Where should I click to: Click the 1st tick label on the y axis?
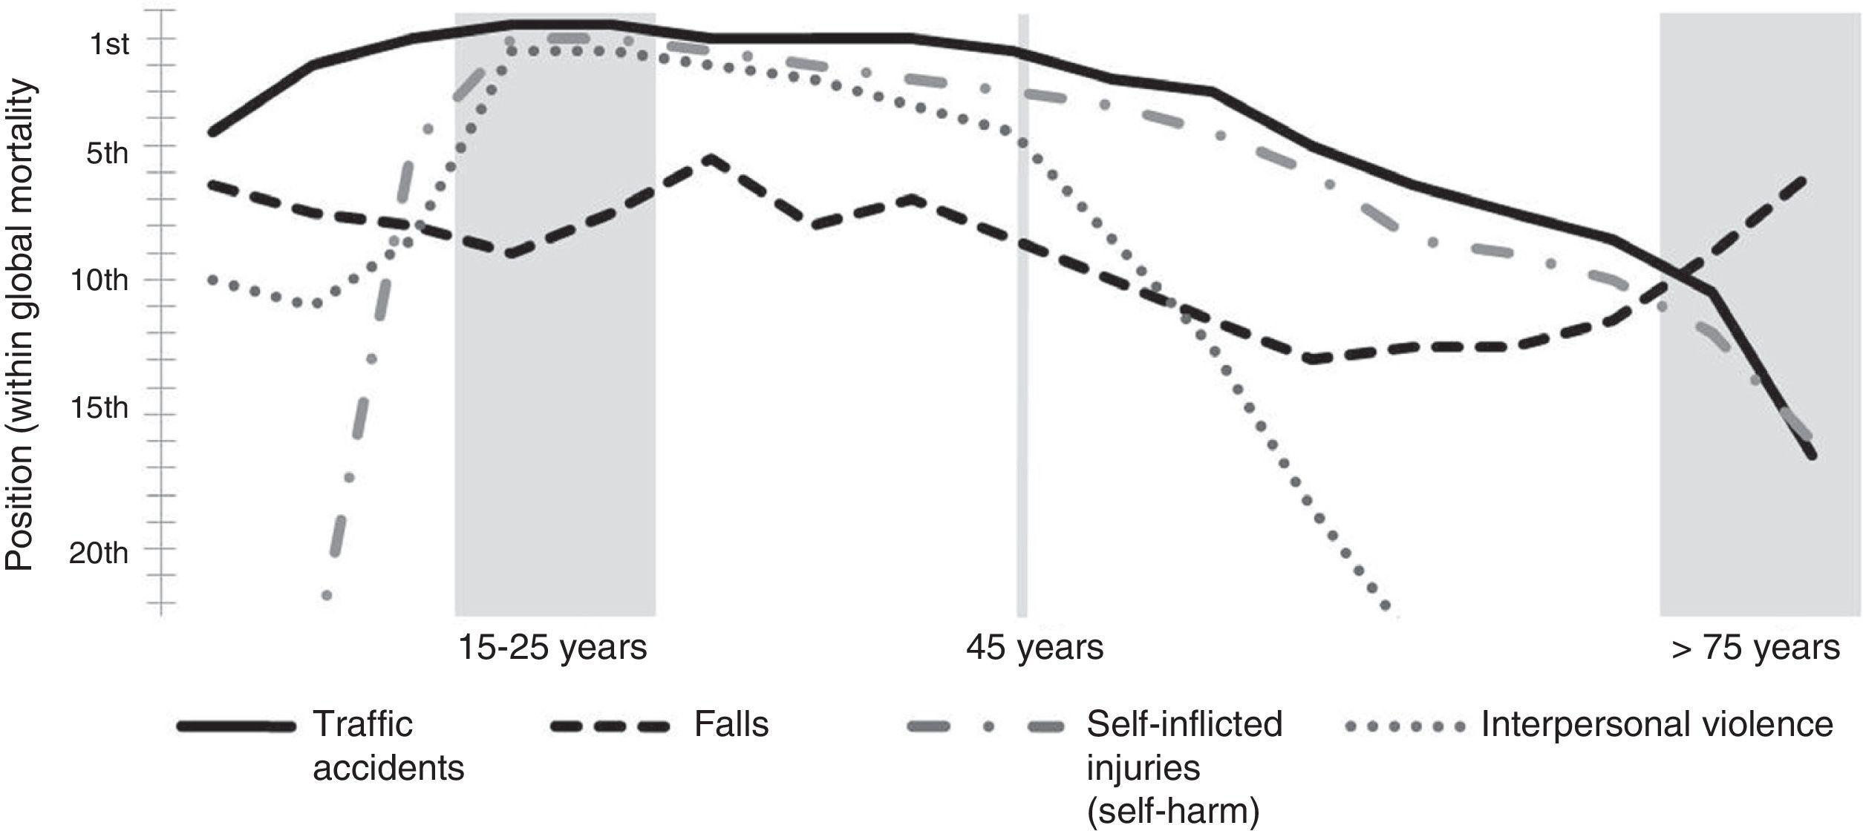coord(108,45)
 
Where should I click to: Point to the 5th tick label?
coord(108,154)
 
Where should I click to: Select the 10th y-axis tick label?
coord(99,281)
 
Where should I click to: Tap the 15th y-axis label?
coord(99,408)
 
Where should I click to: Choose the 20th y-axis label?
coord(99,553)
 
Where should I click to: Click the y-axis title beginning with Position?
coord(21,324)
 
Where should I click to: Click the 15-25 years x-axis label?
coord(552,648)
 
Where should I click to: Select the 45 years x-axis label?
coord(1034,648)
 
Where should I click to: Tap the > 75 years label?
coord(1755,648)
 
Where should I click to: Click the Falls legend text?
coord(731,724)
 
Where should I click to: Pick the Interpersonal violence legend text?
coord(1657,724)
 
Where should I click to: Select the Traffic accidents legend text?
coord(388,746)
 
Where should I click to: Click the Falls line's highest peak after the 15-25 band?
coord(710,158)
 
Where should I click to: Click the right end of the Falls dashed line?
coord(1803,180)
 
